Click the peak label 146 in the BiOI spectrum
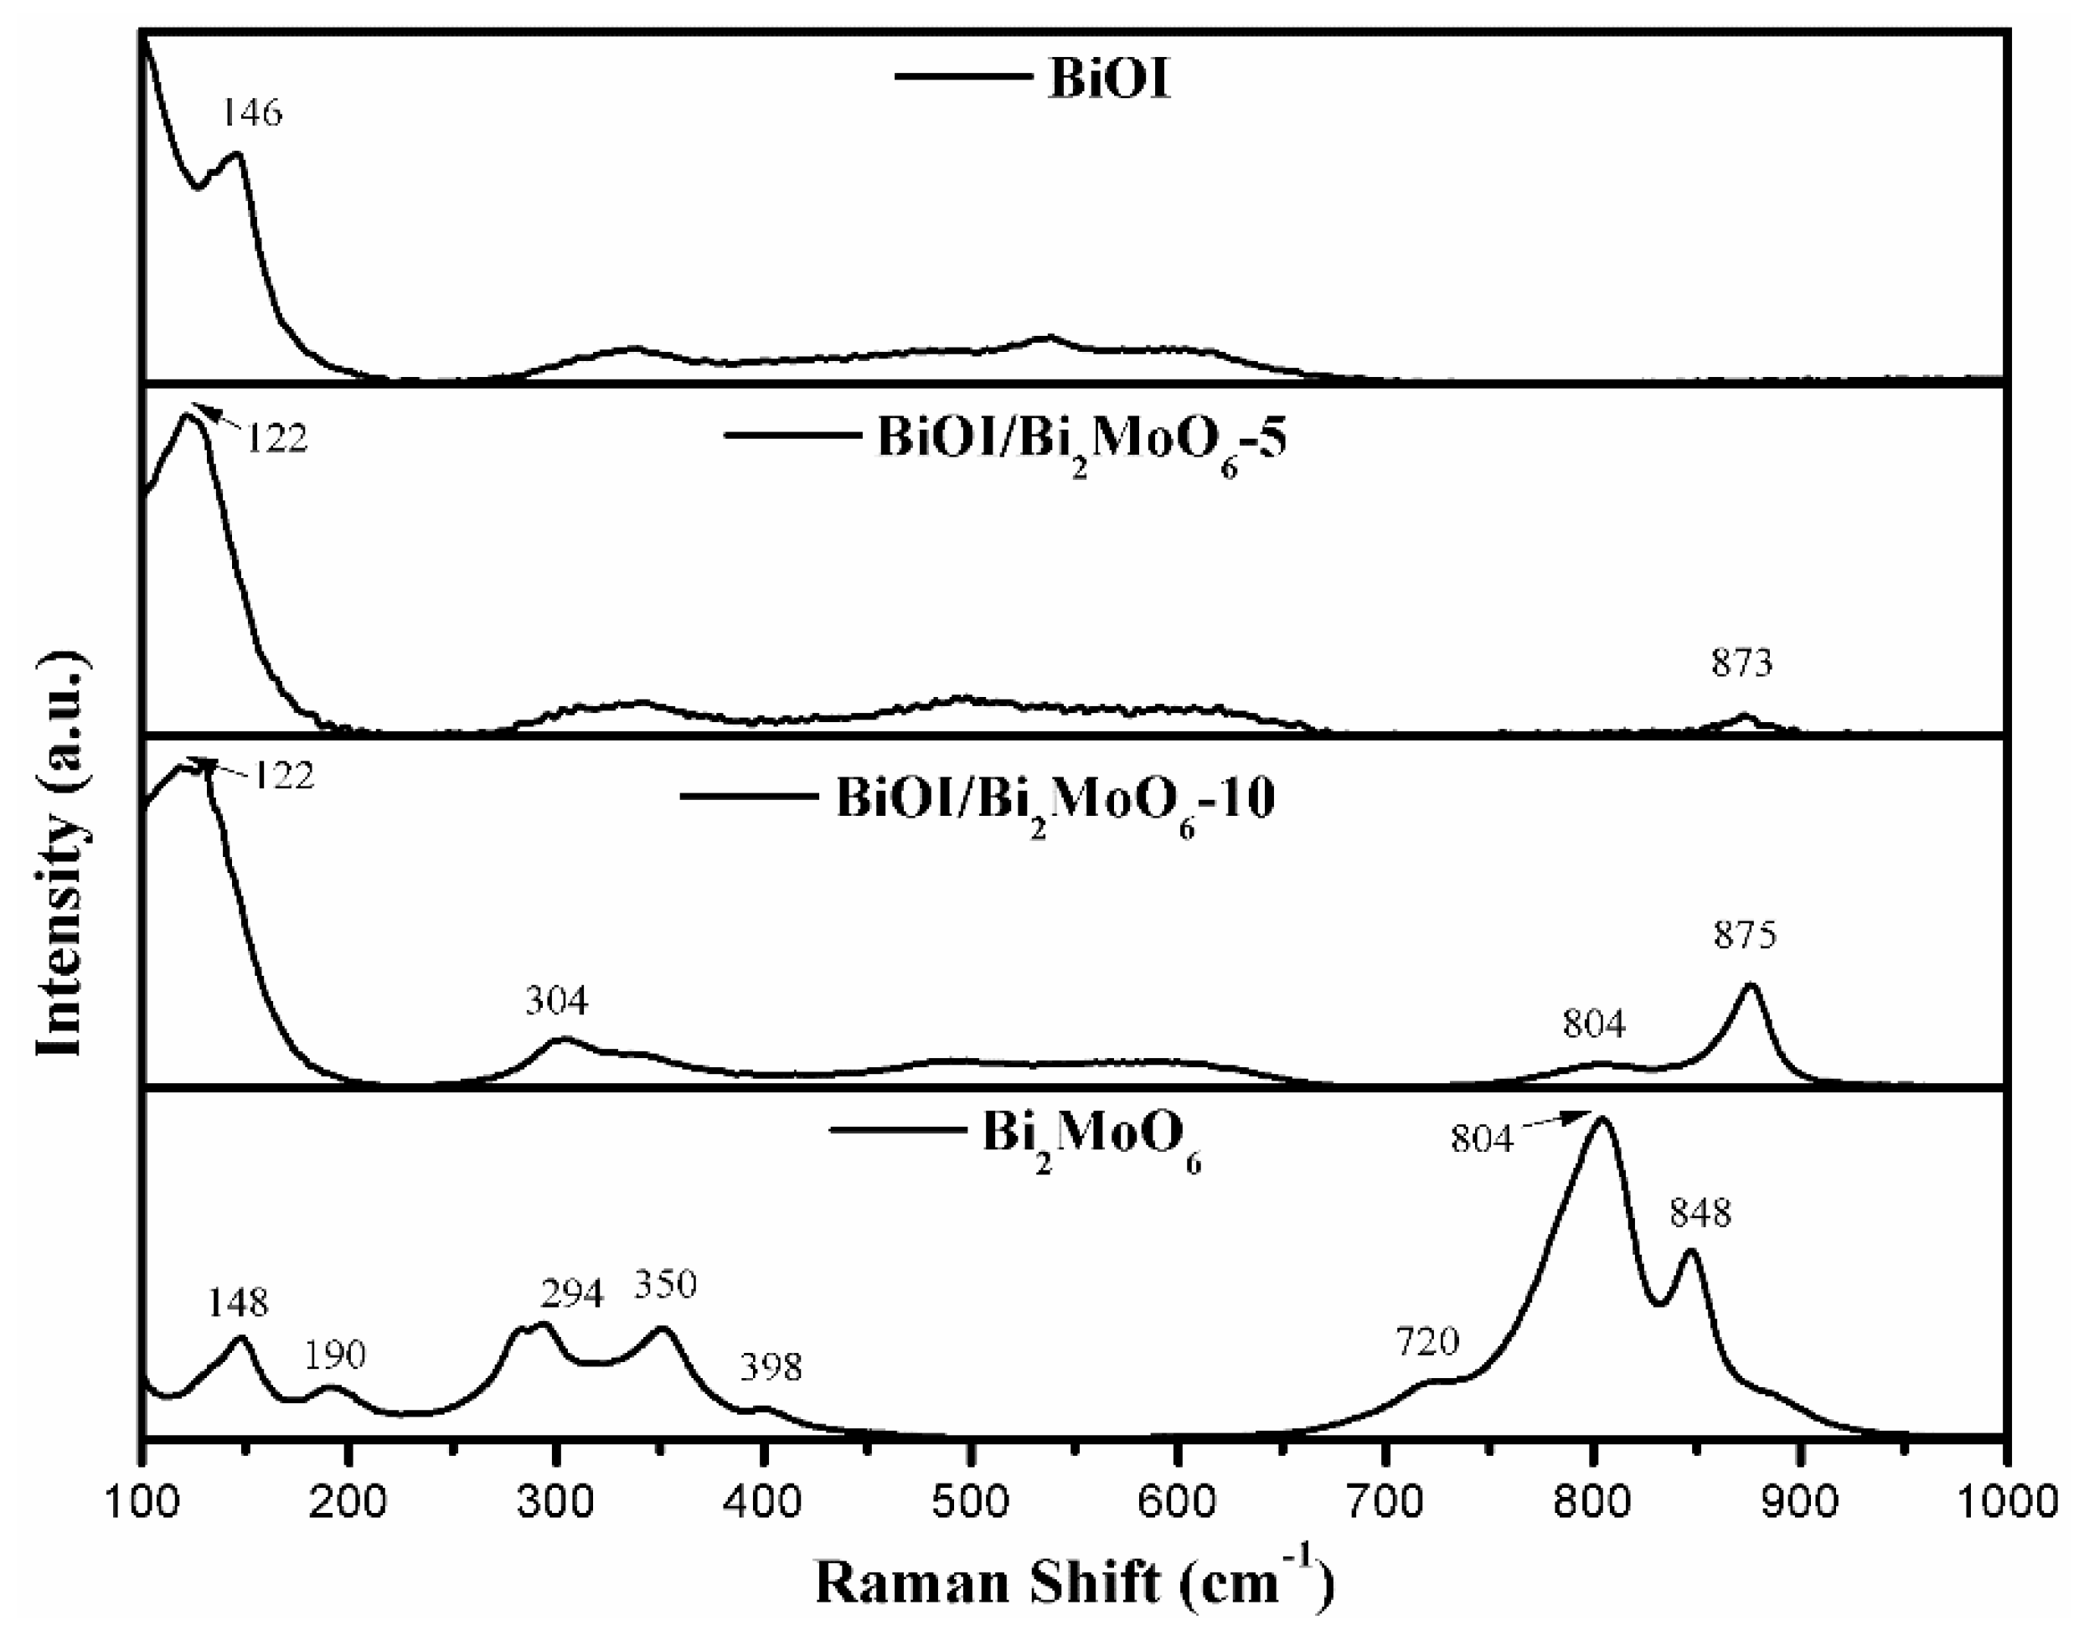tap(253, 112)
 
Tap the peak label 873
tap(1741, 663)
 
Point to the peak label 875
tap(1746, 935)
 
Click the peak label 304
tap(557, 1001)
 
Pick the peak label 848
tap(1700, 1214)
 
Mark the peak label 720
tap(1427, 1342)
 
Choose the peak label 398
tap(771, 1367)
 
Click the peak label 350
tap(666, 1284)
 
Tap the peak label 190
tap(335, 1354)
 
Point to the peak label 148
tap(239, 1302)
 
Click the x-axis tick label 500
tap(971, 1503)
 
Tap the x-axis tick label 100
tap(144, 1503)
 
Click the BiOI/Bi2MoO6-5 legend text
tap(1081, 440)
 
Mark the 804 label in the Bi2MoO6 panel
tap(1482, 1138)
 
